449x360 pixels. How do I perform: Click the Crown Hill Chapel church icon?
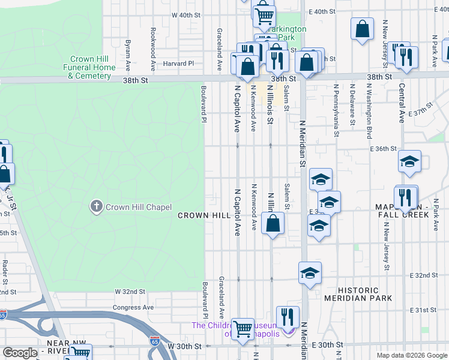pyautogui.click(x=96, y=207)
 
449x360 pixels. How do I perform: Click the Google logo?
pyautogui.click(x=20, y=353)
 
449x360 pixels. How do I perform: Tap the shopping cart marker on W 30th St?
pyautogui.click(x=243, y=329)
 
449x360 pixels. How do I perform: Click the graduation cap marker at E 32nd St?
pyautogui.click(x=310, y=273)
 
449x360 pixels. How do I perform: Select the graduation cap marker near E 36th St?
pyautogui.click(x=409, y=161)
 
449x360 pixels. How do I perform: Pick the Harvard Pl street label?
pyautogui.click(x=179, y=63)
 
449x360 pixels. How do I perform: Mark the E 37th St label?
pyautogui.click(x=420, y=113)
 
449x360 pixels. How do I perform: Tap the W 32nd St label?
pyautogui.click(x=130, y=291)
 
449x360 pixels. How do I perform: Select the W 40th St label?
pyautogui.click(x=185, y=14)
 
